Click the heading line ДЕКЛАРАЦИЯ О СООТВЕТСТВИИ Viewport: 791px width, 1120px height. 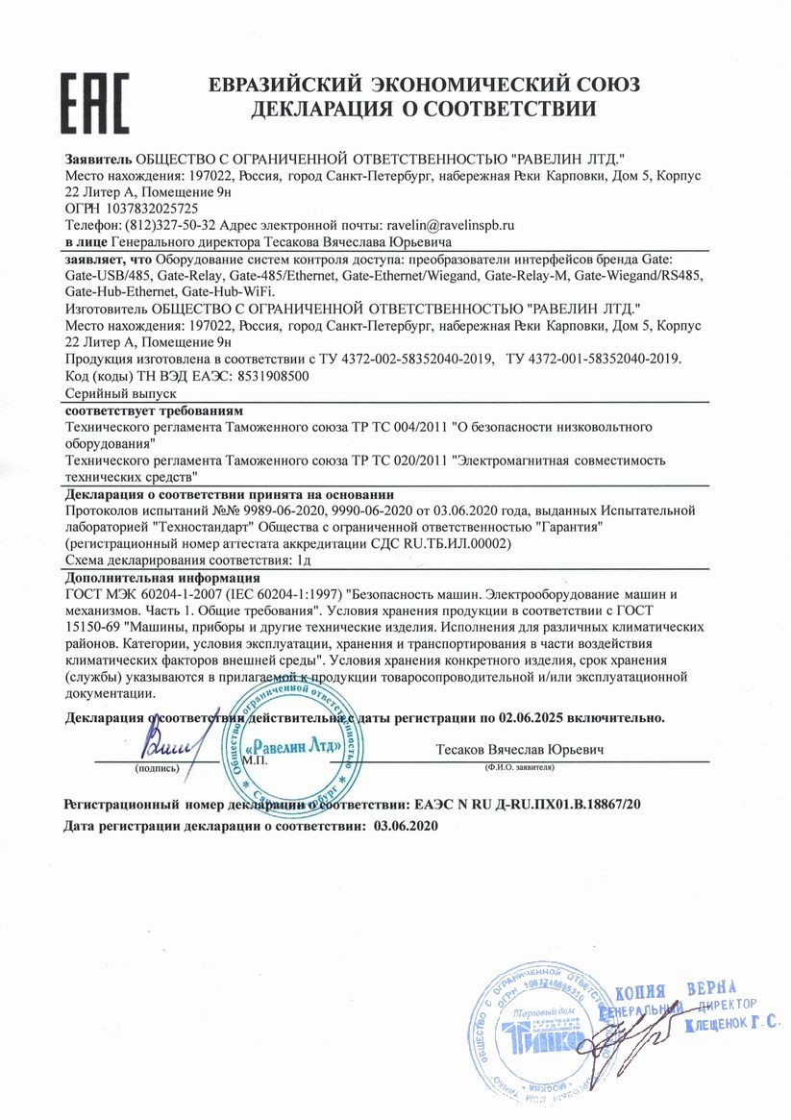[424, 109]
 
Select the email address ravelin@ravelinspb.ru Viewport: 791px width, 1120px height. [450, 224]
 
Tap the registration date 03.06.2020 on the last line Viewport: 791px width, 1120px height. [404, 826]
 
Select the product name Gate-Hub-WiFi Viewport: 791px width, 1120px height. [227, 290]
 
